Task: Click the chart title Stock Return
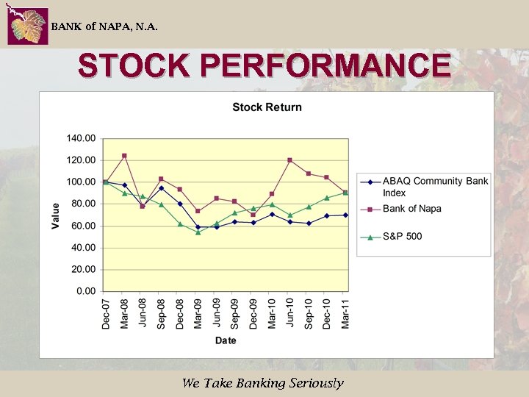coord(267,107)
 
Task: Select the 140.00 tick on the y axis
coord(81,138)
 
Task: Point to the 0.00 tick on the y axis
coord(86,291)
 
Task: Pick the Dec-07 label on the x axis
coord(106,312)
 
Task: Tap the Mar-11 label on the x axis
coord(345,312)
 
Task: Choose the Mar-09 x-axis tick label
coord(198,312)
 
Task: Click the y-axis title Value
coord(56,215)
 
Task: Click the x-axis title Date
coord(226,340)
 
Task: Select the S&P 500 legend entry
coord(402,236)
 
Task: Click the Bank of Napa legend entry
coord(411,209)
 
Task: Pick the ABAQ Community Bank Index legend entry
coord(434,187)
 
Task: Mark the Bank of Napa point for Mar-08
coord(124,156)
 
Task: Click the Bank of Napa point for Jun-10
coord(289,160)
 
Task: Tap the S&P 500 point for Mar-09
coord(198,232)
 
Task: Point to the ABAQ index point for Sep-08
coord(161,188)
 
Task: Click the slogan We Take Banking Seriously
coord(262,383)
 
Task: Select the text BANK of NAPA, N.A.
coord(104,27)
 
